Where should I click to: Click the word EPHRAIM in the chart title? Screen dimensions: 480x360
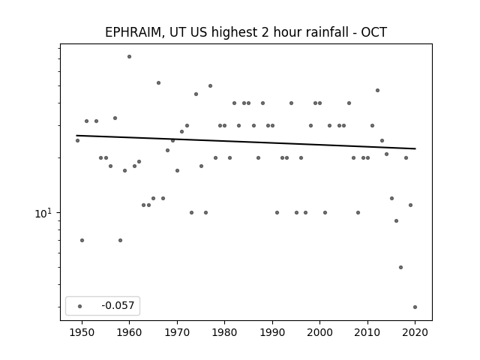point(132,32)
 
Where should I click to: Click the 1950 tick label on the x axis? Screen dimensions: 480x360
point(82,332)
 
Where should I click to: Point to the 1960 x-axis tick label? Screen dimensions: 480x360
point(129,332)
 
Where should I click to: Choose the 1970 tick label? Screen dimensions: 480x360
point(177,332)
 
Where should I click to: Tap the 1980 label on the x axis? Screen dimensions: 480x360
point(224,332)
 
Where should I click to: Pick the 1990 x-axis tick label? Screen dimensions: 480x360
point(272,332)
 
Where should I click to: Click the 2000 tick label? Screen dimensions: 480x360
point(319,332)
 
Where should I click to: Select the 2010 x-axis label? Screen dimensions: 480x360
point(367,332)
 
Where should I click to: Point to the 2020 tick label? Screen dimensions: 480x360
point(415,332)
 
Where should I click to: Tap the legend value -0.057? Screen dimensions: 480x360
point(118,305)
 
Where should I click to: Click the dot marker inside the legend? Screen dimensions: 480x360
point(79,306)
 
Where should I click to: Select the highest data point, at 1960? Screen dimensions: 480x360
point(129,57)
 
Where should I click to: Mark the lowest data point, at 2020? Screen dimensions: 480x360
point(415,307)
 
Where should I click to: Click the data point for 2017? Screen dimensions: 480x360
point(400,267)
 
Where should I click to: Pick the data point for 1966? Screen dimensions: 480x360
point(158,83)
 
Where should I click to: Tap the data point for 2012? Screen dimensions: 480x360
point(377,90)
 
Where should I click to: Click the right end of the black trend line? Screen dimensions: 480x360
point(415,148)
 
